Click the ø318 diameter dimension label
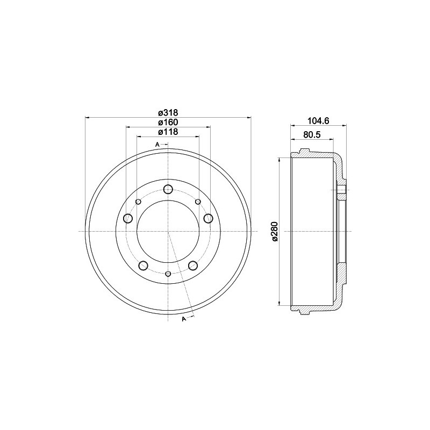(168, 112)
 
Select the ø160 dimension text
(168, 122)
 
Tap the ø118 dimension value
(168, 132)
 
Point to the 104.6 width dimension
(318, 122)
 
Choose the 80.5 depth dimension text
(312, 135)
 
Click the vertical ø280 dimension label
(275, 232)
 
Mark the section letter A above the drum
(157, 145)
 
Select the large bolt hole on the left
(128, 218)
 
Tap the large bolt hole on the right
(208, 218)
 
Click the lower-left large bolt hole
(143, 266)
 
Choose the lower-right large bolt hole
(193, 266)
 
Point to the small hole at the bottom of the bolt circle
(168, 275)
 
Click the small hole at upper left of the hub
(138, 202)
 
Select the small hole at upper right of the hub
(198, 202)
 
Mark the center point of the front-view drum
(168, 232)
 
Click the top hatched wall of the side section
(317, 156)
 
